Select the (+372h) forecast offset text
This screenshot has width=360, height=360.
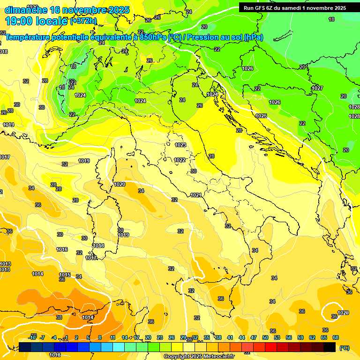point(83,21)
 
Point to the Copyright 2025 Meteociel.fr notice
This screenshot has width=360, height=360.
point(199,356)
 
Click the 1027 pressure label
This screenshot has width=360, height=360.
point(317,88)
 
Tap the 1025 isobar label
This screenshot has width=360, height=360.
point(261,116)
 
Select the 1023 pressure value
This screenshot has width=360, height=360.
point(180,145)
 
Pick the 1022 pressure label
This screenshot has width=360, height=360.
point(179,160)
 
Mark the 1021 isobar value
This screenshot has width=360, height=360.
point(196,195)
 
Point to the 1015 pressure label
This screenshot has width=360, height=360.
point(65,275)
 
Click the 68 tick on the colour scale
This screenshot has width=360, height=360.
point(336,337)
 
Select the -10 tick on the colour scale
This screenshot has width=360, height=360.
point(32,337)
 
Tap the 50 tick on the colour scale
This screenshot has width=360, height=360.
point(265,337)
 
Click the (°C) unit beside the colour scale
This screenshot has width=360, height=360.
point(344,347)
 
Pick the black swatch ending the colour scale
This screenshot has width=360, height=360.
point(330,347)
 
